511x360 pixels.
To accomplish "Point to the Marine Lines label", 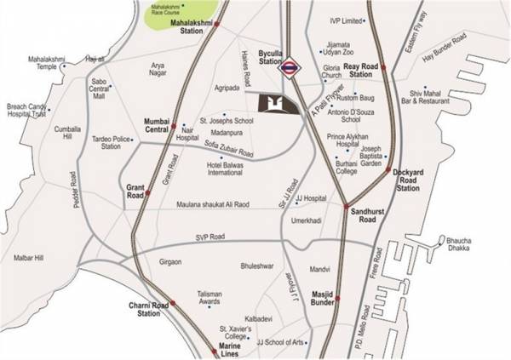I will tap(226, 351).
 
